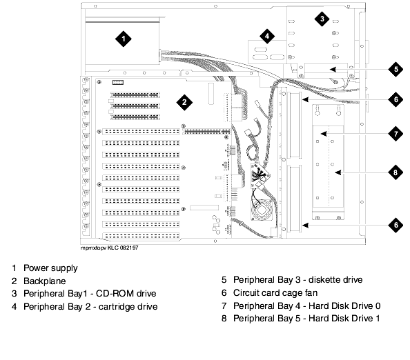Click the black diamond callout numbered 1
pos(124,39)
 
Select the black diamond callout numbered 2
pos(184,102)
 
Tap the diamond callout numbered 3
pos(322,19)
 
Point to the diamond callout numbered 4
pos(267,36)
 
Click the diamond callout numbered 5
pos(396,70)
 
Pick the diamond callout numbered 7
pos(396,134)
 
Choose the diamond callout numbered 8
pos(396,172)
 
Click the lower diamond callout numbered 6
pos(396,225)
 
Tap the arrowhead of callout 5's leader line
pos(333,70)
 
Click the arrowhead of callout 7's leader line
pos(324,134)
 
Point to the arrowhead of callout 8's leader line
pos(338,172)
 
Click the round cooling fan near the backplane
pos(262,210)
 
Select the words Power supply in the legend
pos(50,268)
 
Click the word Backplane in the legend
pos(45,281)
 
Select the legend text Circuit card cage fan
pos(275,293)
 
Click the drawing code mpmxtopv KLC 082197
pos(110,248)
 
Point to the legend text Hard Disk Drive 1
pos(344,319)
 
